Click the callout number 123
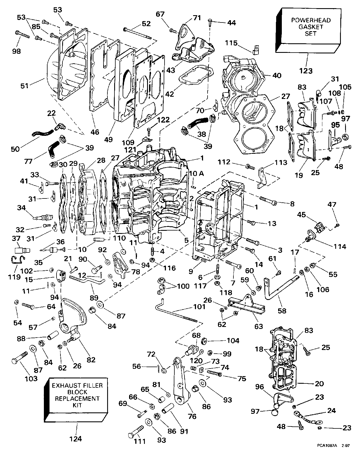point(306,71)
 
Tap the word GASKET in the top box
point(311,27)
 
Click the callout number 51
point(25,85)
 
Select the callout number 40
point(277,75)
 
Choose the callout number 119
point(14,277)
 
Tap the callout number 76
point(192,416)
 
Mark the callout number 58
point(282,311)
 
